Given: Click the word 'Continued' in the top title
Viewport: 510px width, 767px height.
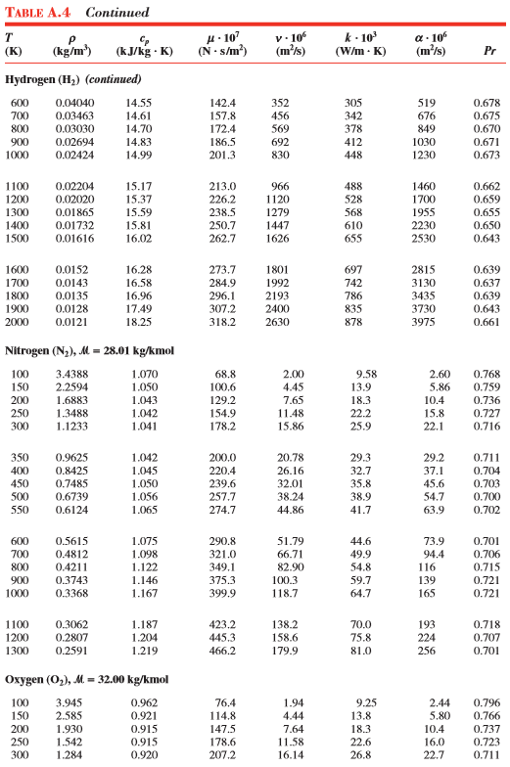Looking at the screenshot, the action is [117, 13].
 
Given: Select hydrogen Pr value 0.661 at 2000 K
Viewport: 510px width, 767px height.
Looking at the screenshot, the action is [487, 322].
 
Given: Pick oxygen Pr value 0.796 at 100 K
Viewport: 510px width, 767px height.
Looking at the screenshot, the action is [487, 702].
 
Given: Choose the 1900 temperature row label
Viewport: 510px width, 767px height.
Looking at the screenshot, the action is [19, 308].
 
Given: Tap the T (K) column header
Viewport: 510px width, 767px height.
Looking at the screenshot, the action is [14, 43].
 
